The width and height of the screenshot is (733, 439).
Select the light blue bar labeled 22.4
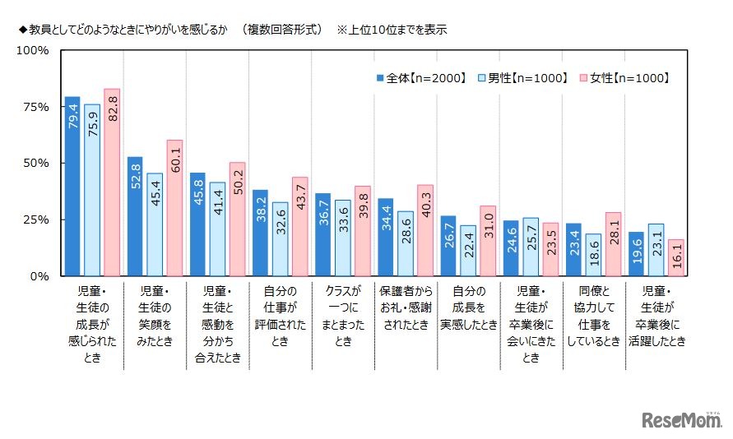(468, 251)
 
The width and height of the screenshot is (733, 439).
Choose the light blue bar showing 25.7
(531, 247)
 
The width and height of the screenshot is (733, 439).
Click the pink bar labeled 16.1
(675, 258)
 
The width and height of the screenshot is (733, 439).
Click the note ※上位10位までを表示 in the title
(392, 30)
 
